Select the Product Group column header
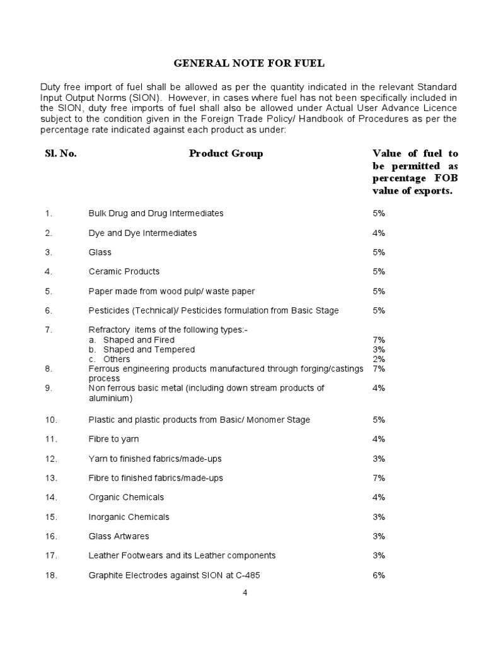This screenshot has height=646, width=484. (226, 153)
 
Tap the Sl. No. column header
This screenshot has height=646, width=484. (60, 153)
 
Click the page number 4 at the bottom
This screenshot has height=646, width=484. (245, 593)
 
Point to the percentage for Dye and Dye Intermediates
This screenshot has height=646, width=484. (379, 233)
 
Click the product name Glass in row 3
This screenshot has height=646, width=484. (100, 252)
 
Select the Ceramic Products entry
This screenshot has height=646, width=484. (124, 271)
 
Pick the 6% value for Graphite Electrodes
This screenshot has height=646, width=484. (379, 575)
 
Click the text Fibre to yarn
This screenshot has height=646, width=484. (114, 438)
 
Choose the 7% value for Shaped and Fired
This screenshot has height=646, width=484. (379, 339)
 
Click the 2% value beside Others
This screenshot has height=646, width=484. (379, 359)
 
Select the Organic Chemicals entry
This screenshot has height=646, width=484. (127, 497)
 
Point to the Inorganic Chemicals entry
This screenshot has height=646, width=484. (129, 517)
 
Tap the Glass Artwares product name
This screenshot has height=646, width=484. (119, 536)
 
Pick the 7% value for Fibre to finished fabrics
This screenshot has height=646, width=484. (379, 478)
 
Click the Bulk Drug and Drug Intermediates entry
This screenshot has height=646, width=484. (156, 213)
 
